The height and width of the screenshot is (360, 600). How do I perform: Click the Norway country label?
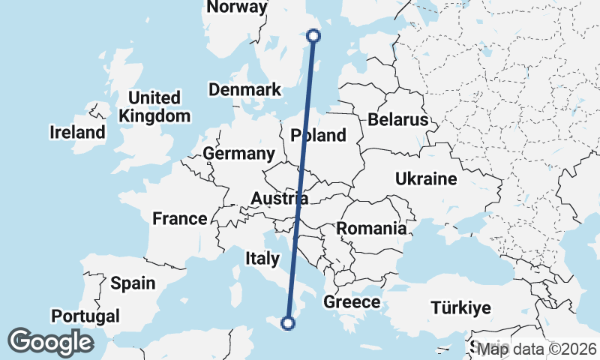[236, 7]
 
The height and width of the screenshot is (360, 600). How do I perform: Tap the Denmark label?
[244, 90]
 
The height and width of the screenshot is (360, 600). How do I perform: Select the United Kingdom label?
[154, 106]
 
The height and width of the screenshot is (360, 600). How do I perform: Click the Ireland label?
[78, 133]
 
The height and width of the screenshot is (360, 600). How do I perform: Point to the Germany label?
[239, 154]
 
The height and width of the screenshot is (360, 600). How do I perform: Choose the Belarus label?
[397, 120]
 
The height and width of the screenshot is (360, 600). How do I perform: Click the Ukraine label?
[426, 179]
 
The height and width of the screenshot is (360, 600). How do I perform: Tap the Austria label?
[279, 199]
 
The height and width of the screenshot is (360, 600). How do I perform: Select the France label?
[180, 219]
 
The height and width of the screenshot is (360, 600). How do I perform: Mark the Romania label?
[372, 229]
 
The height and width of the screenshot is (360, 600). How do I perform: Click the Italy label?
[262, 259]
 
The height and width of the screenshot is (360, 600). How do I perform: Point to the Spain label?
[133, 283]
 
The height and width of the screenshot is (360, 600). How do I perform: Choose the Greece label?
[352, 302]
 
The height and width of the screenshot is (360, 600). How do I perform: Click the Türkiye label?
[460, 307]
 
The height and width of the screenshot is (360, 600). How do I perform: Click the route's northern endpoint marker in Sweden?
[314, 35]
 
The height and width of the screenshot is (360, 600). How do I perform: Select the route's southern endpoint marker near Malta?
[287, 323]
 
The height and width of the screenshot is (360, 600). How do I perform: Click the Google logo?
[50, 342]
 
